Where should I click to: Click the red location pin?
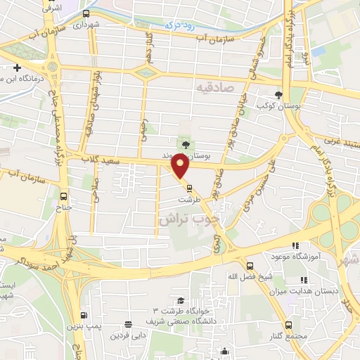(x=181, y=166)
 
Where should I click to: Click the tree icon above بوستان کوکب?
(x=279, y=94)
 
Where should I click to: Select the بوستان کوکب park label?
(x=275, y=105)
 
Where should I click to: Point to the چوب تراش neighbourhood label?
(x=190, y=219)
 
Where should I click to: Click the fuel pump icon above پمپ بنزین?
(x=84, y=316)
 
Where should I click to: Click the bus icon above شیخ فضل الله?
(x=250, y=265)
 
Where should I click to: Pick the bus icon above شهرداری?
(x=86, y=13)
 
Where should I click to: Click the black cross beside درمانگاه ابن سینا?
(x=17, y=67)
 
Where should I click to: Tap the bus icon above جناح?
(x=65, y=198)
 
